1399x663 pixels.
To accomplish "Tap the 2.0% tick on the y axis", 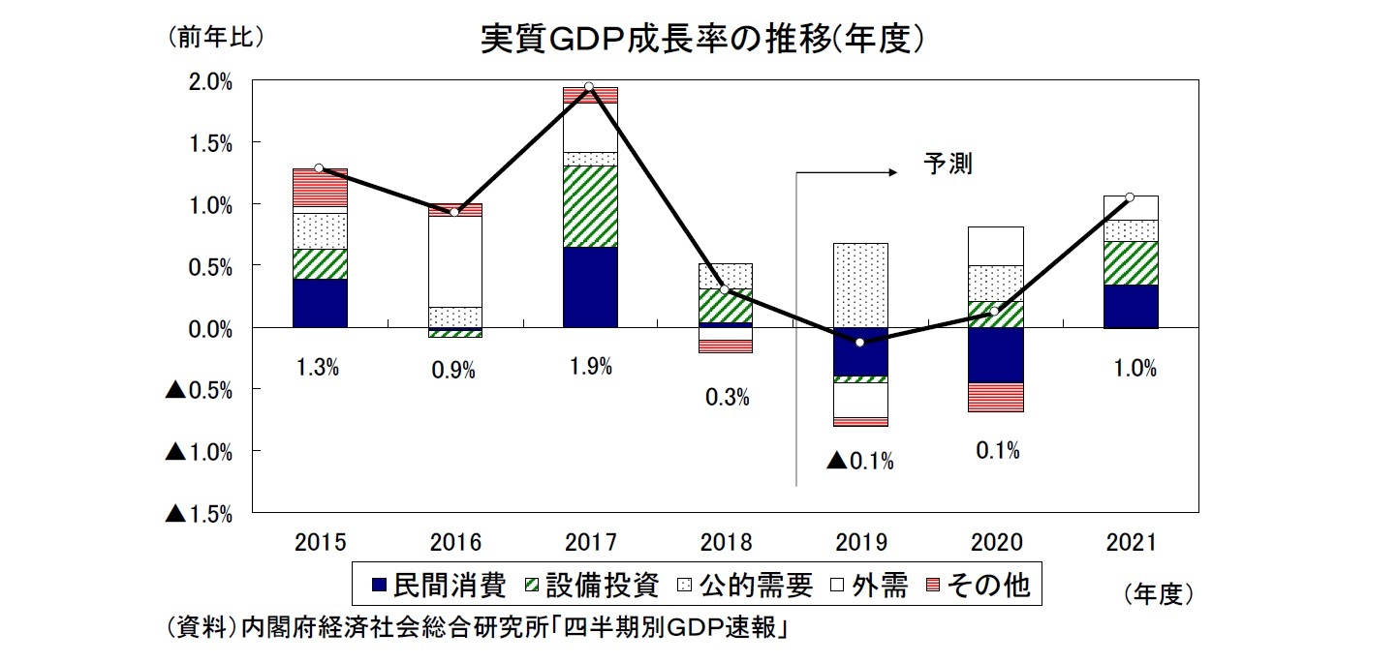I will point(209,82).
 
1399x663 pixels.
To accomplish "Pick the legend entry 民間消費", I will point(439,586).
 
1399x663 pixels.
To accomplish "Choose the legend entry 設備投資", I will point(592,586).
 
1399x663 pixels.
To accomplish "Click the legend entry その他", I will point(976,586).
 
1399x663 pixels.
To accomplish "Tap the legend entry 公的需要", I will point(744,586).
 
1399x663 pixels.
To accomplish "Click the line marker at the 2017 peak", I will point(589,87).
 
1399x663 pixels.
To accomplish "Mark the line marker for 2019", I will point(859,343).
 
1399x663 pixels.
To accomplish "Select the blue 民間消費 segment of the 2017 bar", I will point(589,287).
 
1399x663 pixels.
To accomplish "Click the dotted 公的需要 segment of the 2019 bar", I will point(859,286).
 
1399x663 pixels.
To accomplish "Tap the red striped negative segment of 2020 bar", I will point(994,397).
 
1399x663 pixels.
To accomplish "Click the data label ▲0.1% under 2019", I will point(859,462).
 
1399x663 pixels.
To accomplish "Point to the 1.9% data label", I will point(589,367).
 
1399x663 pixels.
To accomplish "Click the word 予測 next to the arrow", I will point(947,165).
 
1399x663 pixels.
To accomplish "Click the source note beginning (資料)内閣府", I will point(476,628).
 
